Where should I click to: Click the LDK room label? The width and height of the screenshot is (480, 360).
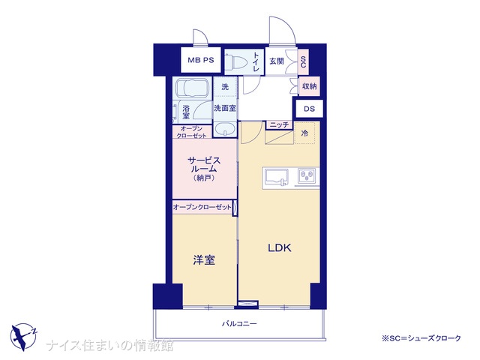280,247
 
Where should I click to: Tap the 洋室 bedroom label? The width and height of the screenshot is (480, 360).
204,260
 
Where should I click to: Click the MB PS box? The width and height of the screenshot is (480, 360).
201,60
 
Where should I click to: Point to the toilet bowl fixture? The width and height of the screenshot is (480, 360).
237,62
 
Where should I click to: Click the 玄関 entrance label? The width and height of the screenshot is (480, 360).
277,61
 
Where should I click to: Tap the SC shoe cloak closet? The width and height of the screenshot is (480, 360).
303,61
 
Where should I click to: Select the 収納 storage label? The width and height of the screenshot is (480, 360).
309,86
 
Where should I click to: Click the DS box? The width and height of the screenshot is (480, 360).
309,109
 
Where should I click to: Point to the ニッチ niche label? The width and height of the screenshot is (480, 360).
279,124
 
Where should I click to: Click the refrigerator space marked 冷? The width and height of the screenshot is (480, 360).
304,133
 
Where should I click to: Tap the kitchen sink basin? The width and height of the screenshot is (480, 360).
277,177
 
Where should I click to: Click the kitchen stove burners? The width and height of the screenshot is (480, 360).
307,175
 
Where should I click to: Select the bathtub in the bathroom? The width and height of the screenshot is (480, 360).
192,88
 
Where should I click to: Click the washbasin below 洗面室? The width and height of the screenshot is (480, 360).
225,129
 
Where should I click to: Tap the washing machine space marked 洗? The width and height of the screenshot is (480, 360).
225,87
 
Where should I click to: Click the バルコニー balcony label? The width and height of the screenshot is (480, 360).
239,323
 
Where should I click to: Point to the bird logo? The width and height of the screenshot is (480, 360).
23,337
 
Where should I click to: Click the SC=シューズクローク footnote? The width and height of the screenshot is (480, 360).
421,338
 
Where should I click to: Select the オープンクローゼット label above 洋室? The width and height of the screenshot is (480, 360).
202,207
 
